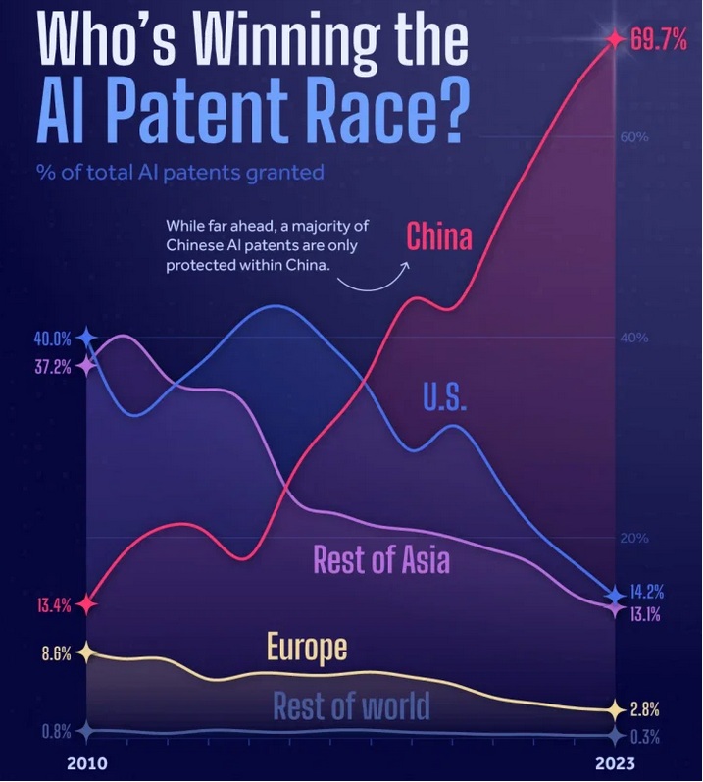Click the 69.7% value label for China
coord(659,40)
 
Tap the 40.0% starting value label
coord(53,339)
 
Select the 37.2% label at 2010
coord(53,367)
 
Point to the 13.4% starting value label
coord(54,604)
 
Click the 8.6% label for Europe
coord(56,653)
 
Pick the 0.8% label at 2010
coord(56,731)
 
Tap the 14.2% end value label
coord(646,593)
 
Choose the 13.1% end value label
coord(645,616)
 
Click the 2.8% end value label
coord(644,709)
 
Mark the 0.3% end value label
coord(644,737)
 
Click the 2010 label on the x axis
coord(88,763)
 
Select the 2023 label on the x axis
coord(614,763)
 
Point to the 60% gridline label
coord(634,137)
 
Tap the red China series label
coord(438,236)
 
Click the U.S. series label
coord(444,397)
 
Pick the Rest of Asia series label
coord(381,559)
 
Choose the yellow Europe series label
coord(307,648)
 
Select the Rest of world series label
coord(351,705)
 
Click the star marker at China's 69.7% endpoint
coord(615,39)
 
